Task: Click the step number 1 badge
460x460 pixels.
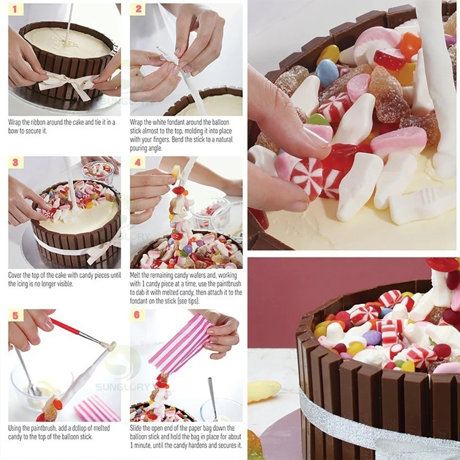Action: pos(15,9)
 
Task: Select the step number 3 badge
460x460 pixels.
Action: pos(15,163)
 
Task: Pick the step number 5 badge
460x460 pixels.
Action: pos(15,316)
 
